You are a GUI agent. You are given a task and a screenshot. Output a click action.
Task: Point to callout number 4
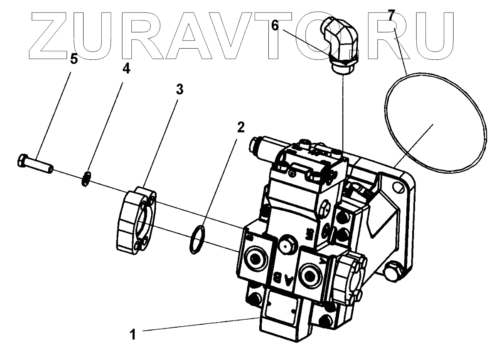click(x=126, y=69)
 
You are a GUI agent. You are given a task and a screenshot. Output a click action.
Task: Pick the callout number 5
click(x=74, y=59)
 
